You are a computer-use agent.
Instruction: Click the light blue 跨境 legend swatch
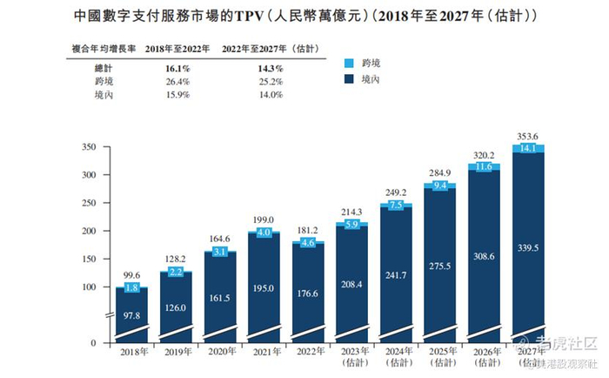coord(350,64)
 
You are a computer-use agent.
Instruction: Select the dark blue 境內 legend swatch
coord(350,78)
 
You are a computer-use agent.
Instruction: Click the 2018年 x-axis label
coord(131,351)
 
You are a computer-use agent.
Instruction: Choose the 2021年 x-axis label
coord(264,351)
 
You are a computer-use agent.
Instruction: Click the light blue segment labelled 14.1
coord(529,149)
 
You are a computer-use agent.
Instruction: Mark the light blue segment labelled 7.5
coord(397,206)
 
